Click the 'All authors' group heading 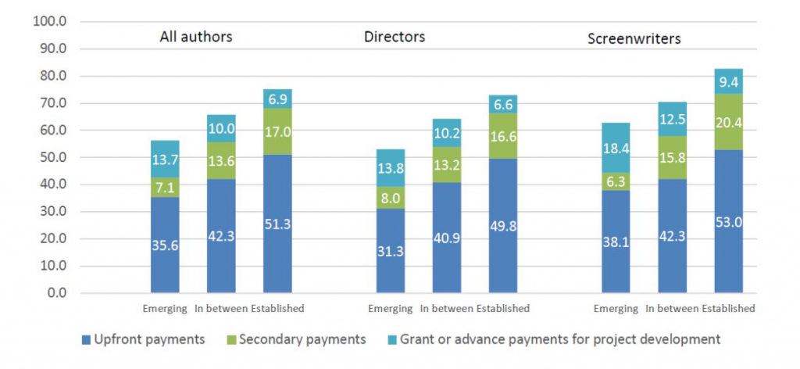coord(196,37)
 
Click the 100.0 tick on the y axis coord(50,21)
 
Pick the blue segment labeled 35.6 coord(165,245)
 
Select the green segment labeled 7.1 coord(165,188)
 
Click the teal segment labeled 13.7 coord(165,159)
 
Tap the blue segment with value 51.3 coord(277,224)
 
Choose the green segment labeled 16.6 coord(502,136)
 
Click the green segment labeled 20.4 coord(728,122)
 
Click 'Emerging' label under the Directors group coord(390,309)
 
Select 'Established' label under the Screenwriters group coord(728,309)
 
